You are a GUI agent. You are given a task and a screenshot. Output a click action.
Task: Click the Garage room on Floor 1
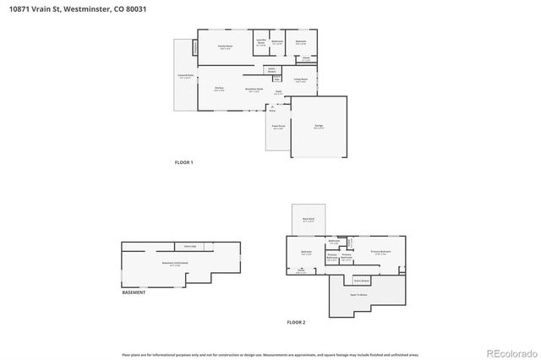tap(319, 126)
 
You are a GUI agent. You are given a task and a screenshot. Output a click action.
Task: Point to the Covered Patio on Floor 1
tap(185, 77)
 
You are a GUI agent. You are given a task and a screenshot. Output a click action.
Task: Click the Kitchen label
tap(219, 89)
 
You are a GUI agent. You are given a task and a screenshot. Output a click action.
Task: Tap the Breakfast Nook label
tap(254, 89)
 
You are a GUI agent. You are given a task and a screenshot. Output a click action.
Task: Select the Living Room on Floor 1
tap(300, 79)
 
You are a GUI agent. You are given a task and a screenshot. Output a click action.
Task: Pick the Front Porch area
tap(277, 128)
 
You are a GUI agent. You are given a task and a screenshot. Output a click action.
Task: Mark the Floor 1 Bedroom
tap(301, 42)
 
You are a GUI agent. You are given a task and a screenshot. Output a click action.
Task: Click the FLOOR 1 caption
tap(184, 162)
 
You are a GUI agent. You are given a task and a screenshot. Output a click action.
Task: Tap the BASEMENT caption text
tap(134, 292)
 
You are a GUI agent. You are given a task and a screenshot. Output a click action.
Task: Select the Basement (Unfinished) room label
tap(175, 264)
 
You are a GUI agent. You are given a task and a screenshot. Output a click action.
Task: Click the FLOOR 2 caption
tap(296, 322)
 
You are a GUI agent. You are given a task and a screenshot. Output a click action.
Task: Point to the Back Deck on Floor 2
tap(309, 220)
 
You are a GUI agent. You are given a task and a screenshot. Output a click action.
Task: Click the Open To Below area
tap(358, 295)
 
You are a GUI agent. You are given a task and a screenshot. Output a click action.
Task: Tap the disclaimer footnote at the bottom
tap(270, 354)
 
